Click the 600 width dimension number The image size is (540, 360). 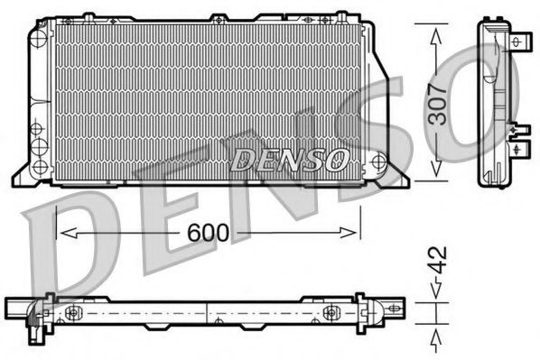[209, 233]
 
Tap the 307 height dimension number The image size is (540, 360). [438, 101]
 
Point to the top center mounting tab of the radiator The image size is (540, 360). [219, 18]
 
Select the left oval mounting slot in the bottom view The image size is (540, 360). [75, 312]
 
